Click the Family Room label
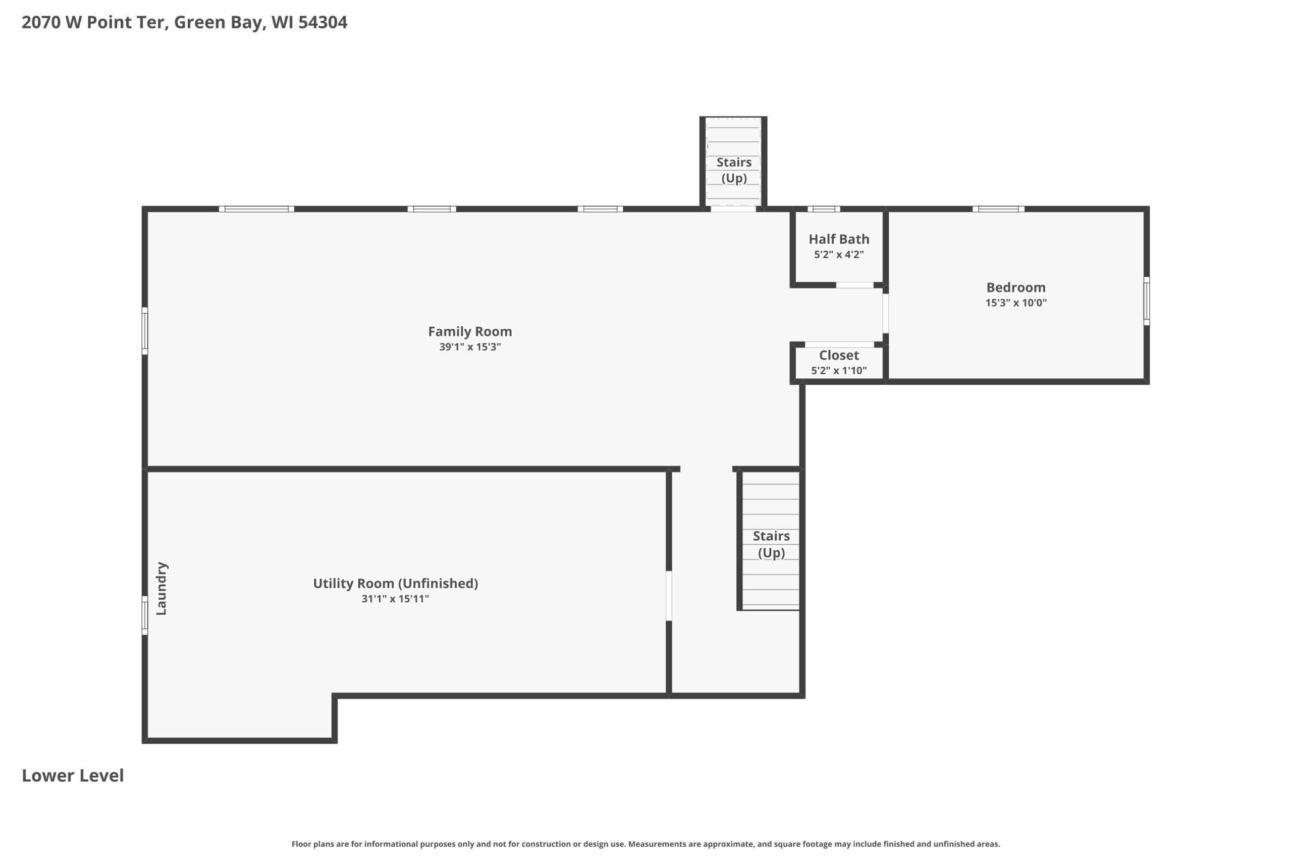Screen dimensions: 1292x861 (x=470, y=332)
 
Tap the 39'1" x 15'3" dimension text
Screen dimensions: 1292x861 (x=470, y=347)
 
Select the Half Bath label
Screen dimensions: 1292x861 (x=839, y=239)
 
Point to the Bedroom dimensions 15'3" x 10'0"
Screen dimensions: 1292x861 (x=1016, y=303)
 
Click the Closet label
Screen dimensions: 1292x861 (x=839, y=355)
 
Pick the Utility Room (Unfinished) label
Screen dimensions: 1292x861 (x=396, y=583)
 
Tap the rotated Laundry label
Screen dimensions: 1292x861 (x=161, y=588)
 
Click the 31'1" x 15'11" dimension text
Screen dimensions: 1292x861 (x=395, y=599)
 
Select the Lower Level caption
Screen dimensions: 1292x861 (x=73, y=775)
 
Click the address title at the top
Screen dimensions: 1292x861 (x=185, y=22)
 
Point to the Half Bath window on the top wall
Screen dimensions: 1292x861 (x=824, y=209)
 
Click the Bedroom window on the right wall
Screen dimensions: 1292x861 (x=1147, y=301)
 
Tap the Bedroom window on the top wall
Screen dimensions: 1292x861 (x=998, y=209)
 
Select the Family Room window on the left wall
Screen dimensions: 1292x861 (x=145, y=330)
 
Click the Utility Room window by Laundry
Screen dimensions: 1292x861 (x=145, y=615)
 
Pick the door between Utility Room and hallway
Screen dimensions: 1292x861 (x=669, y=596)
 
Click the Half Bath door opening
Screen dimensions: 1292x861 (x=855, y=285)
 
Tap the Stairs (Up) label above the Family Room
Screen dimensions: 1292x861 (x=734, y=170)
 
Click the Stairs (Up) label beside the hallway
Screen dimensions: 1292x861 (x=771, y=544)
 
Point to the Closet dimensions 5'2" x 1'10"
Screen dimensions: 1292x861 (x=839, y=371)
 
